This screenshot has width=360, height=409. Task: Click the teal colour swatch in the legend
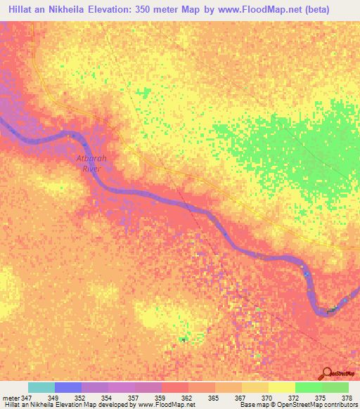(x=41, y=387)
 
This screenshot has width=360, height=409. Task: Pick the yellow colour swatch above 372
(x=282, y=387)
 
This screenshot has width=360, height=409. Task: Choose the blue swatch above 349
(x=68, y=387)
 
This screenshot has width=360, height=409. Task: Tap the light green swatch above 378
(x=335, y=387)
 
